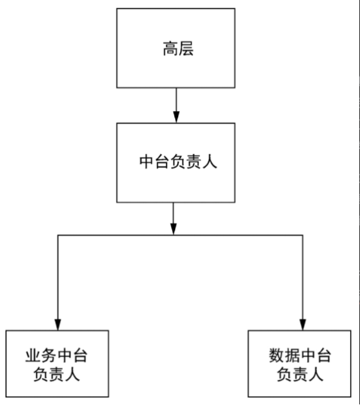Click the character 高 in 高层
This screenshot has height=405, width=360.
click(x=168, y=49)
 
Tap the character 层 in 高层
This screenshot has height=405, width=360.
click(x=185, y=49)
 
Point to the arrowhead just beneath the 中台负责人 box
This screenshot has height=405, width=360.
click(x=174, y=228)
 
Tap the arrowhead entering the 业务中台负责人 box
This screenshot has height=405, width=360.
click(x=58, y=324)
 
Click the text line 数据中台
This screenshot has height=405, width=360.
click(x=300, y=355)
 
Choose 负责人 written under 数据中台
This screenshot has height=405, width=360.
click(x=300, y=373)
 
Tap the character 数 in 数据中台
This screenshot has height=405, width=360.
click(x=276, y=355)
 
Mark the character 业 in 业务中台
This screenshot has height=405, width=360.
click(x=35, y=355)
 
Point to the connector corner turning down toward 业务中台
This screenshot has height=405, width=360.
click(x=58, y=235)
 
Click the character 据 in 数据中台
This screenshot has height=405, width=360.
click(x=292, y=355)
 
